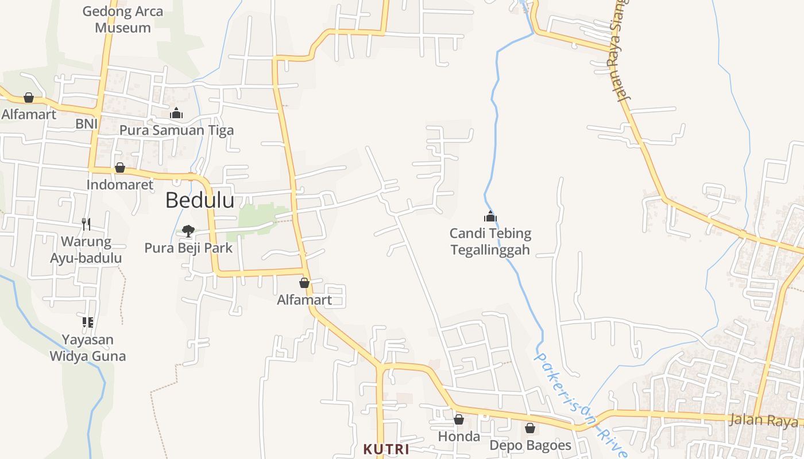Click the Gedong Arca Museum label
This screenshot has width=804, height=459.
(122, 20)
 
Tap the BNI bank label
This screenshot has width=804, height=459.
(87, 124)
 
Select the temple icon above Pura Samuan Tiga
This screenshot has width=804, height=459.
(176, 113)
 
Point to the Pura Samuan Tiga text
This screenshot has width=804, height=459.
(176, 130)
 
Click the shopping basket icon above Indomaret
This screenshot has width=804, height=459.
(120, 168)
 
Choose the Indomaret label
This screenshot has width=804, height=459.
(120, 185)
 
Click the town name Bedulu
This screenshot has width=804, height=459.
(200, 200)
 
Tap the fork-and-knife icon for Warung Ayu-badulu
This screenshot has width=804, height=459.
(86, 224)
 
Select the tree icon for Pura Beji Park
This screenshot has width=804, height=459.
(188, 231)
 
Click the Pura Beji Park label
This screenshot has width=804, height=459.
(188, 248)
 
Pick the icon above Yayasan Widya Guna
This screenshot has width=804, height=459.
(87, 322)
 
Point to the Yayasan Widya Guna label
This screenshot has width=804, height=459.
(87, 348)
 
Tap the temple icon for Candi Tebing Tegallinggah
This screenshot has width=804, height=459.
(490, 216)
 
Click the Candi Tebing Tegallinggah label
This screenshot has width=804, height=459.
(490, 242)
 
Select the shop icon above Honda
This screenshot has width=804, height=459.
(458, 419)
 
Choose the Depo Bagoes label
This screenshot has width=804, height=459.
(530, 445)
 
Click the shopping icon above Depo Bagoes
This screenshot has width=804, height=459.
(529, 428)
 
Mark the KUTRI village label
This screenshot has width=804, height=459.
(386, 449)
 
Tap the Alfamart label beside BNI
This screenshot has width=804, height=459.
(29, 114)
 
